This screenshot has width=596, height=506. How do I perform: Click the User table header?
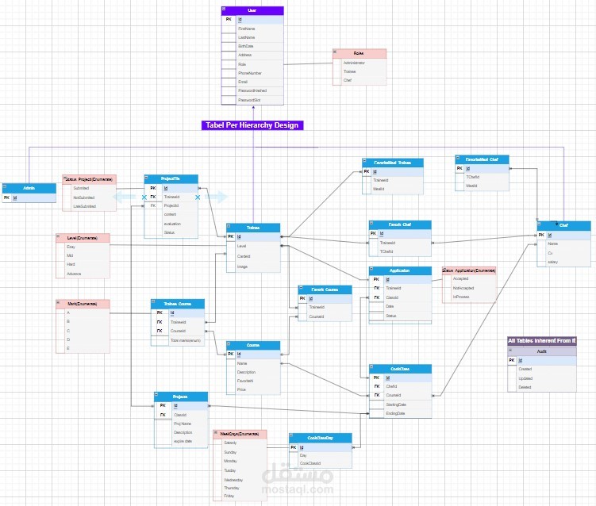point(252,10)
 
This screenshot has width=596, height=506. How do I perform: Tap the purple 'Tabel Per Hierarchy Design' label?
point(252,125)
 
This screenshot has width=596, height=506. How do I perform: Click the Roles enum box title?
point(359,53)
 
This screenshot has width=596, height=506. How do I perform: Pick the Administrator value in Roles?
point(355,63)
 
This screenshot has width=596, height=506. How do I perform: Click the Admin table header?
point(29,188)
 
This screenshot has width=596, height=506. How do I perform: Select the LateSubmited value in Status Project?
point(84,206)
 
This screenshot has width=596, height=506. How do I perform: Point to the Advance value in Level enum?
point(75,274)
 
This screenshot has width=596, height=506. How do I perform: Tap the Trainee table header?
point(253,228)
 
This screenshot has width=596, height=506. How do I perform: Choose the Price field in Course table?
point(242,390)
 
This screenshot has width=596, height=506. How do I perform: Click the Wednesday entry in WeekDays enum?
point(234,480)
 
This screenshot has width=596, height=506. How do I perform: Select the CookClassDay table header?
point(320,437)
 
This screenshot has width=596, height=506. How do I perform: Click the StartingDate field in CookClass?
point(398,404)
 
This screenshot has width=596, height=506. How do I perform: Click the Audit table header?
point(542,351)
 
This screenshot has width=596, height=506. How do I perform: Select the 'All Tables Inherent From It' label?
point(542,341)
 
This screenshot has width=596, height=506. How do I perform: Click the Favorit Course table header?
point(325,289)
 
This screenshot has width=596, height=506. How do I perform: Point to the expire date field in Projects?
point(183,441)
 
